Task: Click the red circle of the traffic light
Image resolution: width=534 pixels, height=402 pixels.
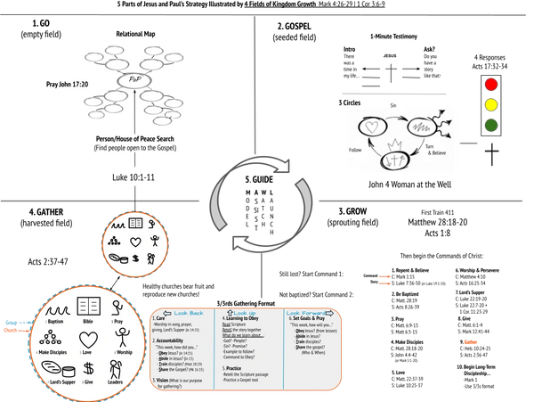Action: coord(490,85)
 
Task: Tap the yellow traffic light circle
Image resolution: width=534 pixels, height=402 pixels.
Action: coord(490,105)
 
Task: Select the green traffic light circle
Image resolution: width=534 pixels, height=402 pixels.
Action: coord(490,126)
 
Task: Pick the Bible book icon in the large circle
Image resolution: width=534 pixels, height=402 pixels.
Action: coord(89,306)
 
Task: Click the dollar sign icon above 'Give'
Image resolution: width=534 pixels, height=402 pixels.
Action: coord(89,368)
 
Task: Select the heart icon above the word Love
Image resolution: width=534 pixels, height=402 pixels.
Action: coord(89,338)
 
